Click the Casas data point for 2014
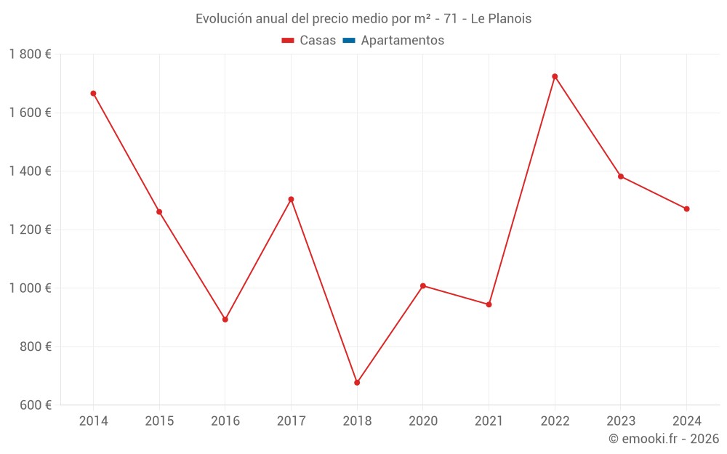[x=93, y=93]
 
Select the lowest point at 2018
[x=357, y=382]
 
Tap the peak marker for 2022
[x=555, y=76]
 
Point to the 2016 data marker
[x=225, y=319]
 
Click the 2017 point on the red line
[x=291, y=199]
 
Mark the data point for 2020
[x=423, y=285]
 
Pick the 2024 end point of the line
[x=686, y=208]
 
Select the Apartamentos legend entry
[x=402, y=41]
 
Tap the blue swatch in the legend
[x=348, y=41]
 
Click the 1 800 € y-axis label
[x=30, y=54]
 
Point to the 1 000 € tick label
[x=30, y=288]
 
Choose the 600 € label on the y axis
[x=34, y=405]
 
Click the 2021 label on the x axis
[x=489, y=421]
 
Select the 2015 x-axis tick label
[x=159, y=421]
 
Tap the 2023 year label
[x=620, y=421]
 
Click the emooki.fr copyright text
[x=664, y=439]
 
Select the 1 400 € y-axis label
[x=30, y=171]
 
